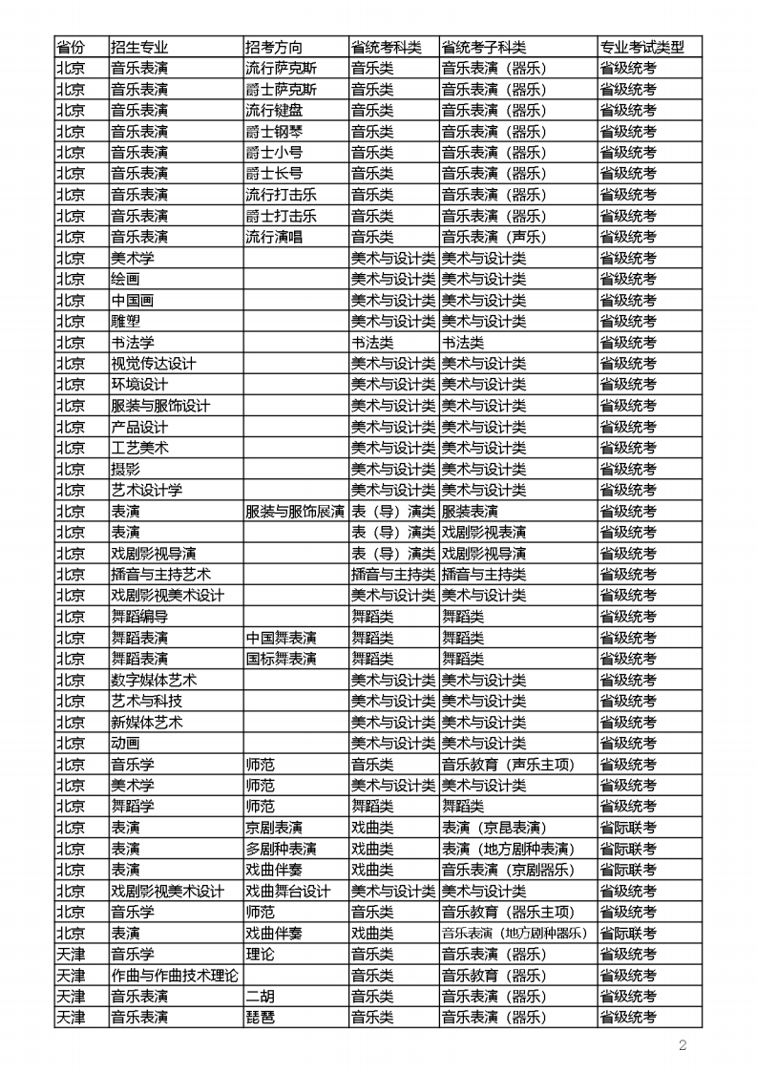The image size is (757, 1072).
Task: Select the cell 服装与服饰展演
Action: tap(295, 512)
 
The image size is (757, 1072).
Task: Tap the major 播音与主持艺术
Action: tap(160, 575)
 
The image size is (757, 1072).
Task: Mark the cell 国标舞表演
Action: tap(281, 659)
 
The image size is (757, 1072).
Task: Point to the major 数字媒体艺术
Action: tap(154, 680)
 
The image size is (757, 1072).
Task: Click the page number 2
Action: tap(683, 1045)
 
